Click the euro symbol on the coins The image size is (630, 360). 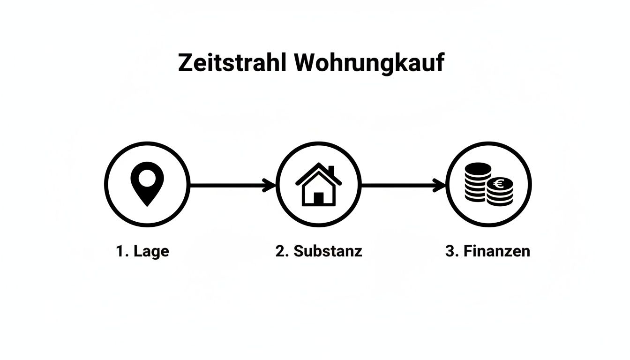pos(498,184)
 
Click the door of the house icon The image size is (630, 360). pos(318,198)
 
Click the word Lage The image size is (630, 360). pos(151,251)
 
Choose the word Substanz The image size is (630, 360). pos(328,251)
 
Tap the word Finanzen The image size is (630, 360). pos(496,251)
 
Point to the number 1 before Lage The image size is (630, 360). pos(120,251)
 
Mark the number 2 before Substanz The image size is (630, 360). pos(281,251)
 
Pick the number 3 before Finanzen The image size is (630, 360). pos(451,251)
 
